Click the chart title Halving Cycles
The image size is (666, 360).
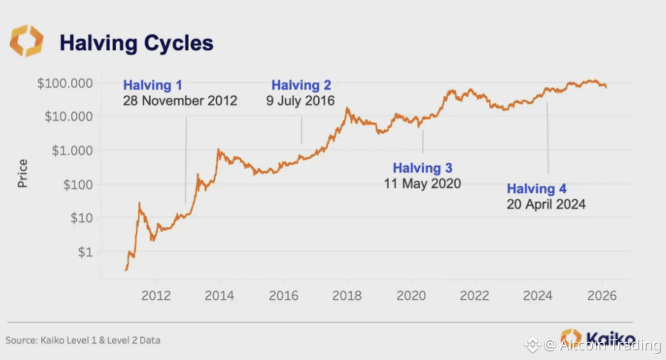click(x=136, y=43)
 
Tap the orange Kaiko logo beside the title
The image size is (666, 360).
click(x=26, y=41)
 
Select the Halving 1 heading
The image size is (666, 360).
click(x=152, y=85)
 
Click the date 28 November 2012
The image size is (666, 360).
click(x=180, y=100)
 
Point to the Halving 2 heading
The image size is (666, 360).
click(x=301, y=85)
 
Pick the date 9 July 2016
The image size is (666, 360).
click(x=300, y=100)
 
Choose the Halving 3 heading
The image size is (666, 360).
click(x=422, y=168)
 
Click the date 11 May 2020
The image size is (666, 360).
click(x=422, y=183)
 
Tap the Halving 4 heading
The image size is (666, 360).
click(x=536, y=189)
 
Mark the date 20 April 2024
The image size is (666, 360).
click(x=545, y=204)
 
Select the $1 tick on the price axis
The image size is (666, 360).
click(x=86, y=252)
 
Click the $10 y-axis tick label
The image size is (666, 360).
click(x=82, y=218)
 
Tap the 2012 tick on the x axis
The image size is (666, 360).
click(x=157, y=296)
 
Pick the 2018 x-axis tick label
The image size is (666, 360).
click(x=347, y=296)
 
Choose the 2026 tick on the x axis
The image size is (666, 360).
click(x=601, y=296)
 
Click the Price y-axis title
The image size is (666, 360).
click(x=23, y=173)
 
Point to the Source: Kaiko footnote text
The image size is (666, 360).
click(x=83, y=340)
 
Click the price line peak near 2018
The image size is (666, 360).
click(x=347, y=109)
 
